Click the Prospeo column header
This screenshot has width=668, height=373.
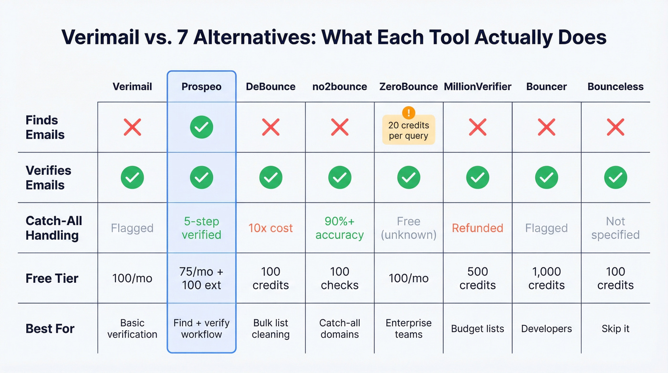(x=201, y=86)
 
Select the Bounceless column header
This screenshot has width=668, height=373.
(x=616, y=86)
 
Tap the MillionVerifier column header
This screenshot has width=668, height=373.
(x=478, y=86)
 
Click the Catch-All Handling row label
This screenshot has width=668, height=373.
(x=54, y=228)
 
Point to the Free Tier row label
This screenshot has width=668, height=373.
(x=52, y=278)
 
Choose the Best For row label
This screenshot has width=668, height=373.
(x=50, y=329)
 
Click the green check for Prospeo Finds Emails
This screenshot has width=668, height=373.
(x=201, y=127)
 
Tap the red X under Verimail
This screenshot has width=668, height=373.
(x=132, y=127)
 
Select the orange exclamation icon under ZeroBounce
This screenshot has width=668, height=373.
(x=408, y=113)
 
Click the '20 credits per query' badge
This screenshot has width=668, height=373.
(x=408, y=131)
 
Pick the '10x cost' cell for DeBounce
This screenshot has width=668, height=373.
(x=271, y=228)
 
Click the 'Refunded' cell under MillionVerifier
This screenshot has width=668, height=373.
(x=478, y=228)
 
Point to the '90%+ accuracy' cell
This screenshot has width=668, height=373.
(x=339, y=228)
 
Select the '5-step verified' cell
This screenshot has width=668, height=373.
(x=201, y=228)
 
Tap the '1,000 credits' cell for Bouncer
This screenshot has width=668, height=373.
(x=546, y=278)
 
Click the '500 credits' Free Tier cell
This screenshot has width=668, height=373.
(x=478, y=278)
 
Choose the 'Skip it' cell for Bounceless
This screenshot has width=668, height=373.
(x=616, y=329)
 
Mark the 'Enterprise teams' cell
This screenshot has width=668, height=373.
(x=408, y=329)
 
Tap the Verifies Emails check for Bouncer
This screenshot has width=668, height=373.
(x=546, y=178)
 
